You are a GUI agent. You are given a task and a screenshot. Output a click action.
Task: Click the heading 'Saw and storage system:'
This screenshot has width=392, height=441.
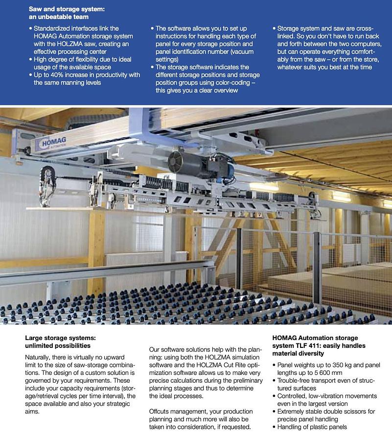(67, 9)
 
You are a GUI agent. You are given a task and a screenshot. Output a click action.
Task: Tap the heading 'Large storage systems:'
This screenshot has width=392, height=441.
(60, 338)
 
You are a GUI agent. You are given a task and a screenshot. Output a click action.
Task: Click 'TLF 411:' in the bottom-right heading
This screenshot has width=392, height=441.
(309, 345)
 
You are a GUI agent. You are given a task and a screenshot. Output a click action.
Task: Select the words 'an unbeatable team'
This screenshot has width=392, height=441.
(59, 16)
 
